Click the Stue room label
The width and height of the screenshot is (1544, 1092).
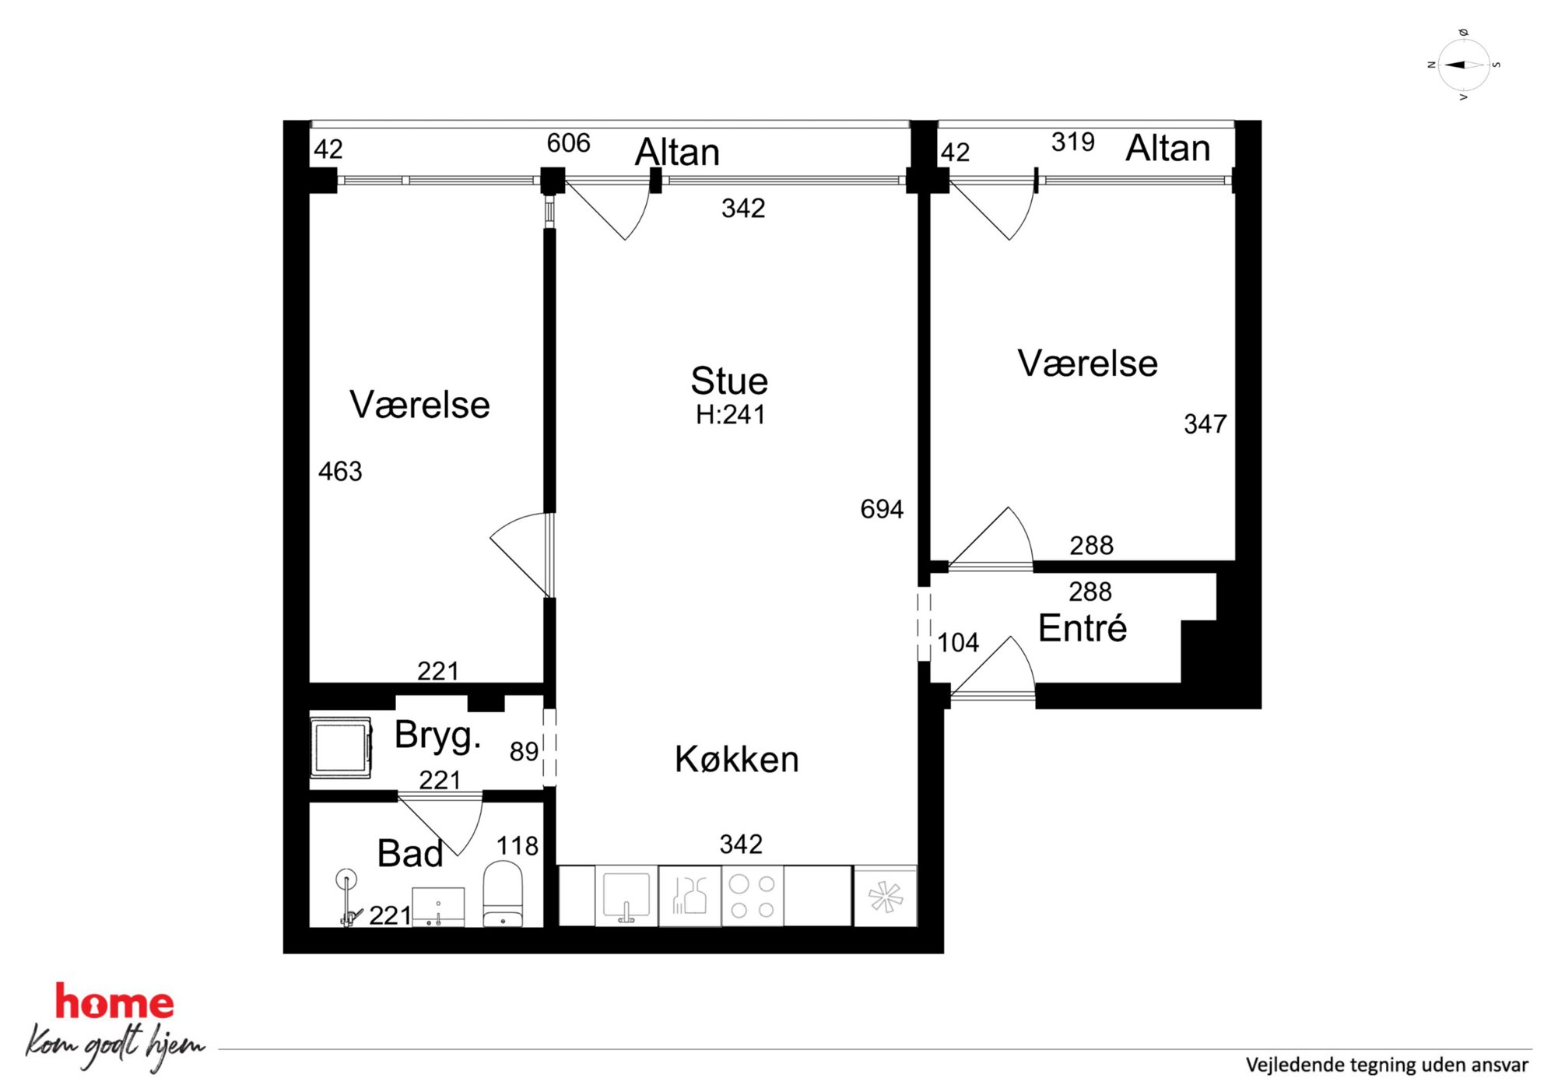[x=729, y=381]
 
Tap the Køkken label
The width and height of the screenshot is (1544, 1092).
[x=737, y=759]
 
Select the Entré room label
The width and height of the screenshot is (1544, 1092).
[x=1083, y=627]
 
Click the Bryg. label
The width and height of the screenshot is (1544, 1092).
[x=437, y=736]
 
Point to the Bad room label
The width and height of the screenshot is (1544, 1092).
[x=410, y=853]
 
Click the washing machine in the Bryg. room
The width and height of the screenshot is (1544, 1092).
[x=341, y=747]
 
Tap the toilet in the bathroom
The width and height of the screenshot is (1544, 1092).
[x=503, y=894]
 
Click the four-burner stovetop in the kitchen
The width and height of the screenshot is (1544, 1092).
[x=753, y=897]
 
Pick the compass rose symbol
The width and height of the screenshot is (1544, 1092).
[x=1464, y=65]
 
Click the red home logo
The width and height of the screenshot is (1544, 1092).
[x=114, y=1002]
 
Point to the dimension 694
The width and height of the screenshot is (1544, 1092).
[x=882, y=509]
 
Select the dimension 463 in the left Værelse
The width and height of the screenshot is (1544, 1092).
[x=340, y=471]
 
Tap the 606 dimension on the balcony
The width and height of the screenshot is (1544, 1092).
[x=568, y=142]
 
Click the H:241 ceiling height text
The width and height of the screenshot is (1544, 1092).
[x=731, y=415]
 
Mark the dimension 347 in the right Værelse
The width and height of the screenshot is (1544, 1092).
[x=1205, y=423]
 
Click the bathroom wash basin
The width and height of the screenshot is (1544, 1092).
[x=438, y=907]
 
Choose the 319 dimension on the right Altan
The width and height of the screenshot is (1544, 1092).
[x=1073, y=142]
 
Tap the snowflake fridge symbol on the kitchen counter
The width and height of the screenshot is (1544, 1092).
[x=886, y=897]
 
